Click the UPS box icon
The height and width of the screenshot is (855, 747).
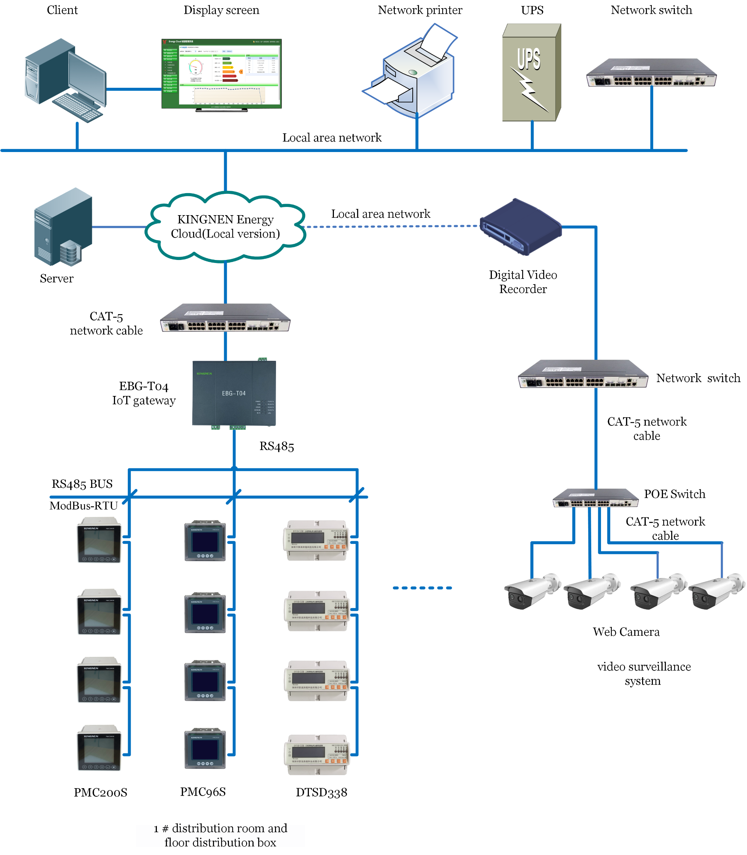click(531, 73)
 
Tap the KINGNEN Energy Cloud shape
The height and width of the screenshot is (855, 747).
click(225, 227)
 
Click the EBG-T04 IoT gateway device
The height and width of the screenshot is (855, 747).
click(234, 393)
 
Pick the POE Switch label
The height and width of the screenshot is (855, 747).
click(674, 494)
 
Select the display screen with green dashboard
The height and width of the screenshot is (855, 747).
click(221, 74)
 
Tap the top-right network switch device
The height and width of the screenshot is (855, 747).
click(651, 73)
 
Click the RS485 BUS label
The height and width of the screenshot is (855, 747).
click(82, 484)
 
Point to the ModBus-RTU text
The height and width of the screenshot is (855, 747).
click(83, 506)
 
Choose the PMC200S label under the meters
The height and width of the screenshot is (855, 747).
click(100, 793)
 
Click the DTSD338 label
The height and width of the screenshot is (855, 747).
click(321, 793)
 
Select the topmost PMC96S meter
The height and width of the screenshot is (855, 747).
click(205, 541)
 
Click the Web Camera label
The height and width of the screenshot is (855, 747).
click(626, 632)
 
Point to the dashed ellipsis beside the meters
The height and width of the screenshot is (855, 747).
click(422, 588)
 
